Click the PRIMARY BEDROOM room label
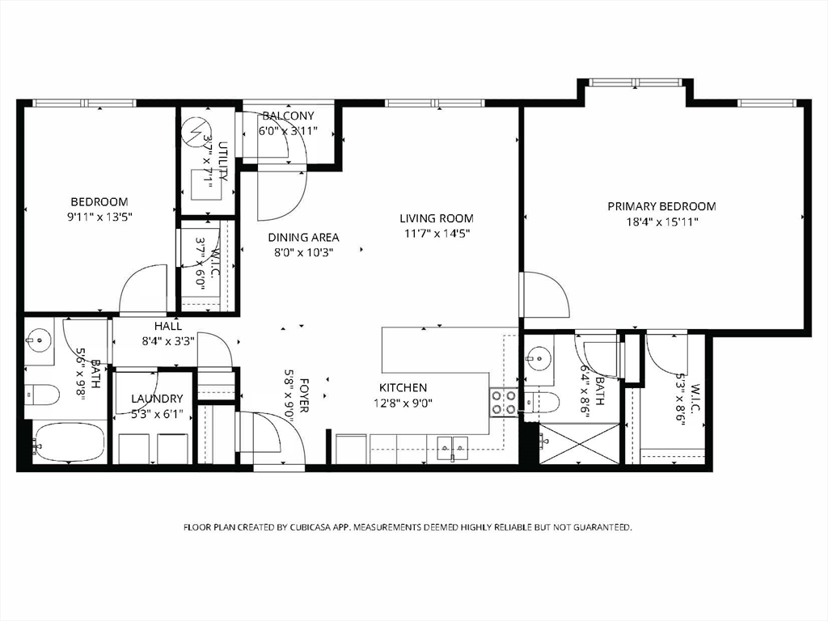pyautogui.click(x=661, y=206)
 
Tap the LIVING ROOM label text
pyautogui.click(x=436, y=218)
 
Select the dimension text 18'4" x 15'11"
pyautogui.click(x=662, y=222)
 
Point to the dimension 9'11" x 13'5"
pyautogui.click(x=99, y=217)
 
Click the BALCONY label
pyautogui.click(x=288, y=116)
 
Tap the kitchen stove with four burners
pyautogui.click(x=503, y=403)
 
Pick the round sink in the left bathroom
pyautogui.click(x=39, y=339)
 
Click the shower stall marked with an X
pyautogui.click(x=579, y=444)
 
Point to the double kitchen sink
pyautogui.click(x=453, y=447)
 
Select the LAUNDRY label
pyautogui.click(x=157, y=399)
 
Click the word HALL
pyautogui.click(x=168, y=327)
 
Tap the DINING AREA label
pyautogui.click(x=303, y=238)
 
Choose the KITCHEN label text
pyautogui.click(x=403, y=387)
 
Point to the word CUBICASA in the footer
pyautogui.click(x=302, y=527)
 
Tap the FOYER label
pyautogui.click(x=304, y=395)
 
